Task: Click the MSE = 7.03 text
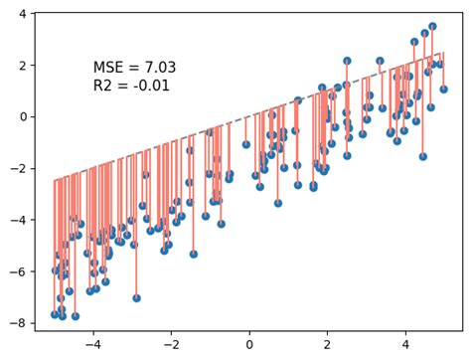tap(134, 68)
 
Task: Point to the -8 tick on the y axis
tap(22, 322)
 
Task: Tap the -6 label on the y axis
tap(22, 270)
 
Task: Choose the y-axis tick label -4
tap(22, 219)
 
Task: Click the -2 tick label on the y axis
tap(22, 168)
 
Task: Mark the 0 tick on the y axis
tap(26, 116)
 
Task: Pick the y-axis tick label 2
tap(26, 65)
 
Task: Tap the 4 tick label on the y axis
tap(26, 14)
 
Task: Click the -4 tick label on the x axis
tap(92, 345)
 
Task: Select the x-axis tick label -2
tap(170, 345)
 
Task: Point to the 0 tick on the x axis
tap(249, 345)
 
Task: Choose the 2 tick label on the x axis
tap(327, 345)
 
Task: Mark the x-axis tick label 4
tap(404, 345)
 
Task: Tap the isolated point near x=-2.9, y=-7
tap(136, 297)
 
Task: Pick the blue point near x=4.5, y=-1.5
tap(422, 156)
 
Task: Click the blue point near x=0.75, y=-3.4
tap(278, 203)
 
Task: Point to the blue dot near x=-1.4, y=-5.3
tap(194, 254)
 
